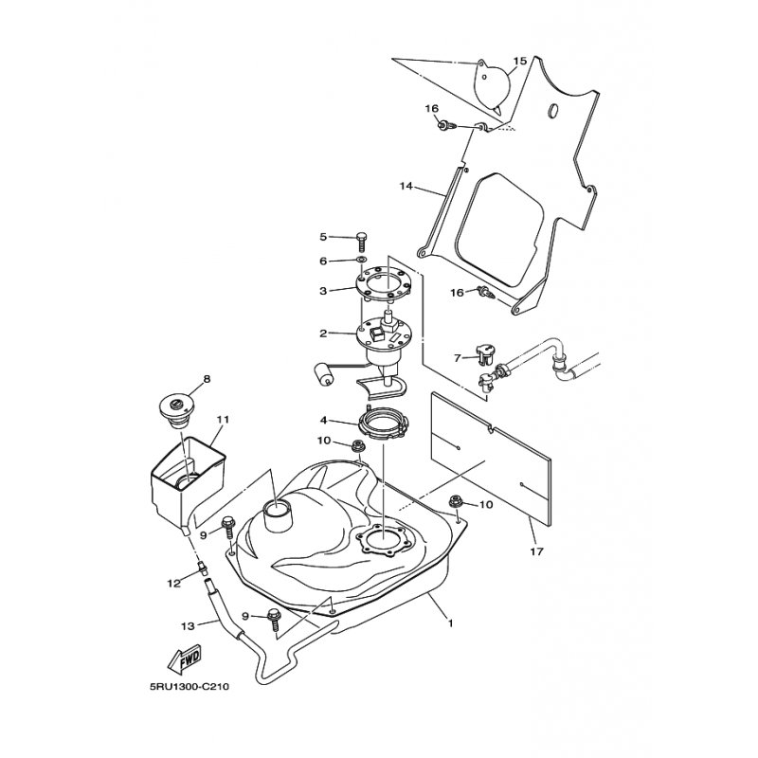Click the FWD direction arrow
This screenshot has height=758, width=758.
[184, 659]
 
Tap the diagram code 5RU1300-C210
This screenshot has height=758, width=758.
[189, 686]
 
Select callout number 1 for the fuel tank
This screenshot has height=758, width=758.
[451, 623]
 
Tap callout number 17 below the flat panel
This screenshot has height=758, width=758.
[537, 551]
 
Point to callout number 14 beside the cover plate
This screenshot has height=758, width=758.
[406, 186]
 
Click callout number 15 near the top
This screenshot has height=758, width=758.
[519, 61]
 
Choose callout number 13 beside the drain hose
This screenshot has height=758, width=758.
[188, 626]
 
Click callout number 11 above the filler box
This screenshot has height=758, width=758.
[222, 419]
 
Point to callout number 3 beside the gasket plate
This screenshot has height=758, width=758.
[323, 291]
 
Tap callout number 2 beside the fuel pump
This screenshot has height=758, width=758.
[323, 334]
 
